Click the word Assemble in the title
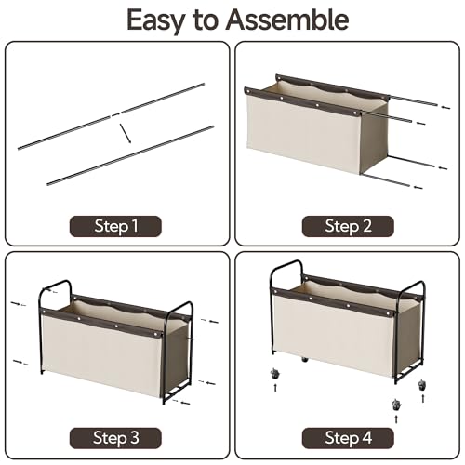[287, 20]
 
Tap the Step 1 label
[115, 226]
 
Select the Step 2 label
[348, 226]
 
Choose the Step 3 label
[115, 438]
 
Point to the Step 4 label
[348, 438]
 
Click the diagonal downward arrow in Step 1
[126, 134]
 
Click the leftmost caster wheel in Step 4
[274, 374]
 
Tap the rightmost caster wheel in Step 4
[422, 385]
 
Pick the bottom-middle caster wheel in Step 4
[396, 405]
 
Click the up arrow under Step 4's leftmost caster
[275, 388]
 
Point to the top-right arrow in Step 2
[445, 107]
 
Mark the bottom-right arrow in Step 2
[418, 187]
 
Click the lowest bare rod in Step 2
[386, 180]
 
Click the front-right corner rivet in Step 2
[354, 114]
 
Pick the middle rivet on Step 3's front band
[116, 326]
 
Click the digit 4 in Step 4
[366, 438]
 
